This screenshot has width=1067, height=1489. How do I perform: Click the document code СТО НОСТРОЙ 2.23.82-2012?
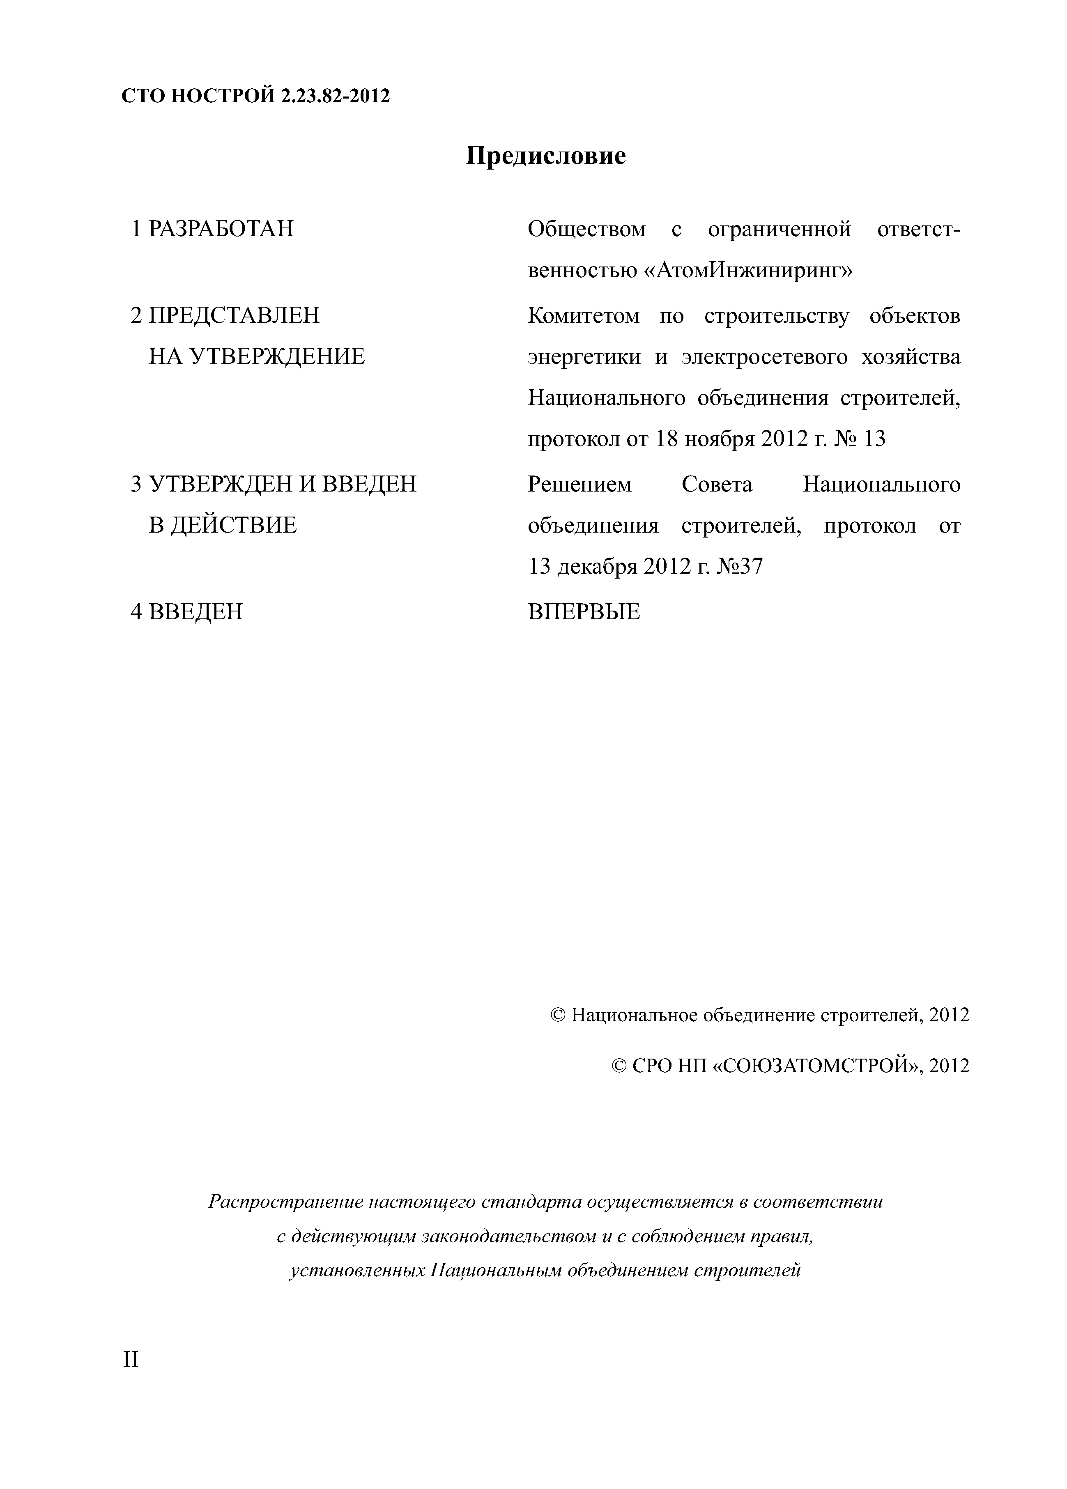(x=255, y=97)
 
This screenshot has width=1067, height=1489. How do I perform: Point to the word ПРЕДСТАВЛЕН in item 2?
(x=234, y=316)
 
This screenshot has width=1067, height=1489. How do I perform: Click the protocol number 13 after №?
(x=874, y=438)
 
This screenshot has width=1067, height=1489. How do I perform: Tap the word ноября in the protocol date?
(x=720, y=438)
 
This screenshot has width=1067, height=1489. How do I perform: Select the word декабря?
(x=598, y=566)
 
